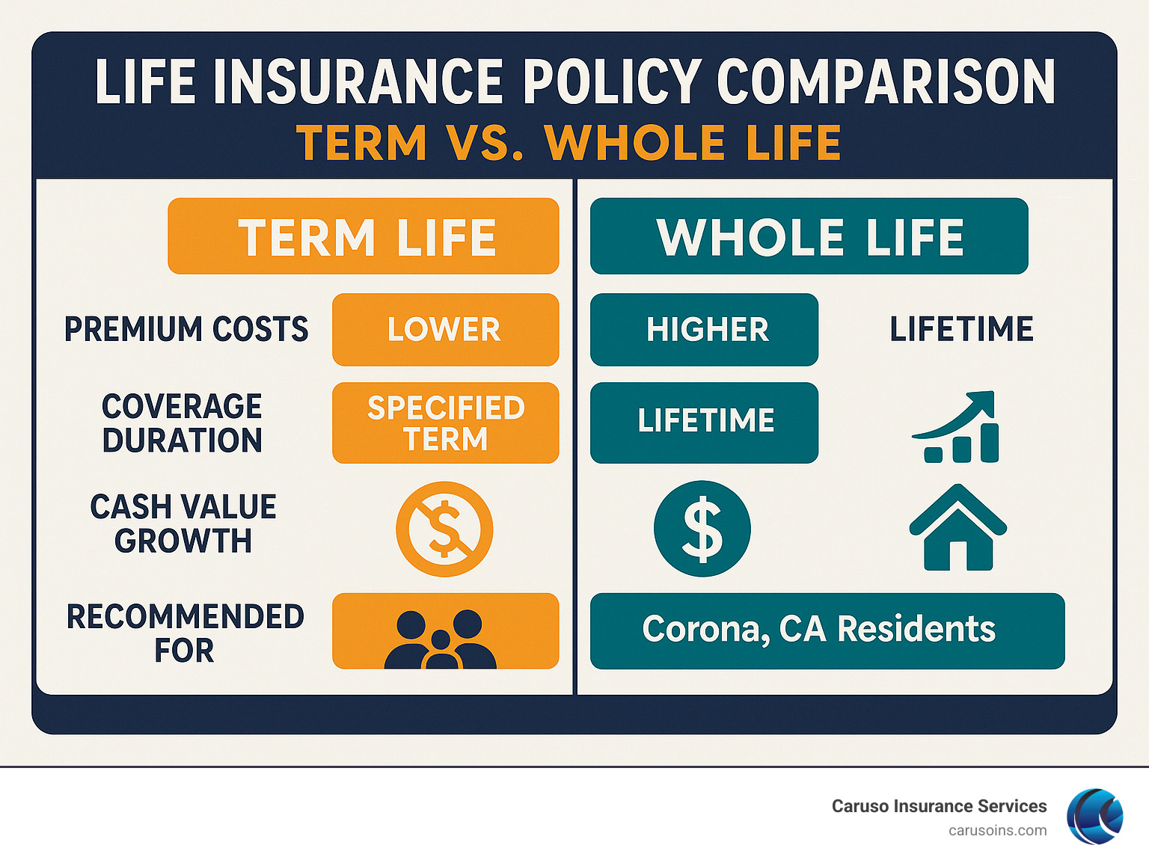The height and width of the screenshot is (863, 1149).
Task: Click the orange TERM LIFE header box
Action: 364,236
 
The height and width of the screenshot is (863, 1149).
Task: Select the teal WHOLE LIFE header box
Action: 809,236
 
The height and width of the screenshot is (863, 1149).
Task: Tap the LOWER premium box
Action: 445,330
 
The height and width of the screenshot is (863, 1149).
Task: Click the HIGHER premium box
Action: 704,330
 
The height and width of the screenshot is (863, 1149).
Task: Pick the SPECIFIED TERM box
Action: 445,423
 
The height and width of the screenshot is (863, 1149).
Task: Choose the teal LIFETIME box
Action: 704,423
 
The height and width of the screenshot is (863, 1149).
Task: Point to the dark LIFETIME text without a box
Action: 961,330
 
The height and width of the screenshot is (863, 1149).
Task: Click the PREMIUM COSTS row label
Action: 186,330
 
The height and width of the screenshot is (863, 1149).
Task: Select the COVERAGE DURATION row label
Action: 183,423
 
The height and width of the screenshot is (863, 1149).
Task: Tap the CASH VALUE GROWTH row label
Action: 183,523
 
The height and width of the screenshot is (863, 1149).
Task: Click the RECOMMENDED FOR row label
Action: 185,633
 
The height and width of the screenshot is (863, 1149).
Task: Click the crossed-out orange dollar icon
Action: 444,529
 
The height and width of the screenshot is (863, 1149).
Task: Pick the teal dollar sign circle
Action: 702,529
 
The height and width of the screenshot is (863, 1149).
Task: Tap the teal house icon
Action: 958,528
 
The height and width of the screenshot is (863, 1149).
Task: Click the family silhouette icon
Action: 441,639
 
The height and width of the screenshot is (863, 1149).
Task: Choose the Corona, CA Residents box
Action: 827,630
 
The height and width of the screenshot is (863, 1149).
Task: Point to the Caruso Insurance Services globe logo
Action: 1095,817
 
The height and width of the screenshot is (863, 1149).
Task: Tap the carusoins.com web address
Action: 997,831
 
